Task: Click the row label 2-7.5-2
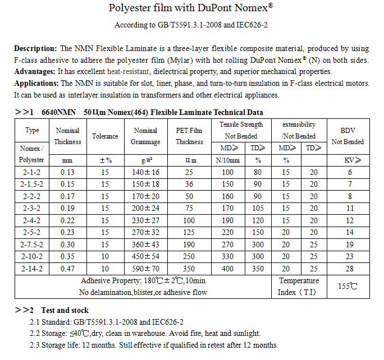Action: (32, 245)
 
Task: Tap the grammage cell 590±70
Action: (146, 269)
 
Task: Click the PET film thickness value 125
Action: (189, 233)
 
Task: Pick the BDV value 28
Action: (350, 269)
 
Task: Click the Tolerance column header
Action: (105, 136)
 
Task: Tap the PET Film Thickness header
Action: (189, 136)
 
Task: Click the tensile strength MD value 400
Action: (228, 269)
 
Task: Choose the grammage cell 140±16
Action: (146, 172)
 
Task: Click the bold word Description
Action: (35, 49)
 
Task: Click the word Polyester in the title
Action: (131, 10)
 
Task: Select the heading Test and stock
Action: (65, 310)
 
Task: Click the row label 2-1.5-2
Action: (32, 184)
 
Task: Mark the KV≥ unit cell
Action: (350, 160)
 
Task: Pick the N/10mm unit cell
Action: (228, 160)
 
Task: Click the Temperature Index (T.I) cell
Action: (299, 286)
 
